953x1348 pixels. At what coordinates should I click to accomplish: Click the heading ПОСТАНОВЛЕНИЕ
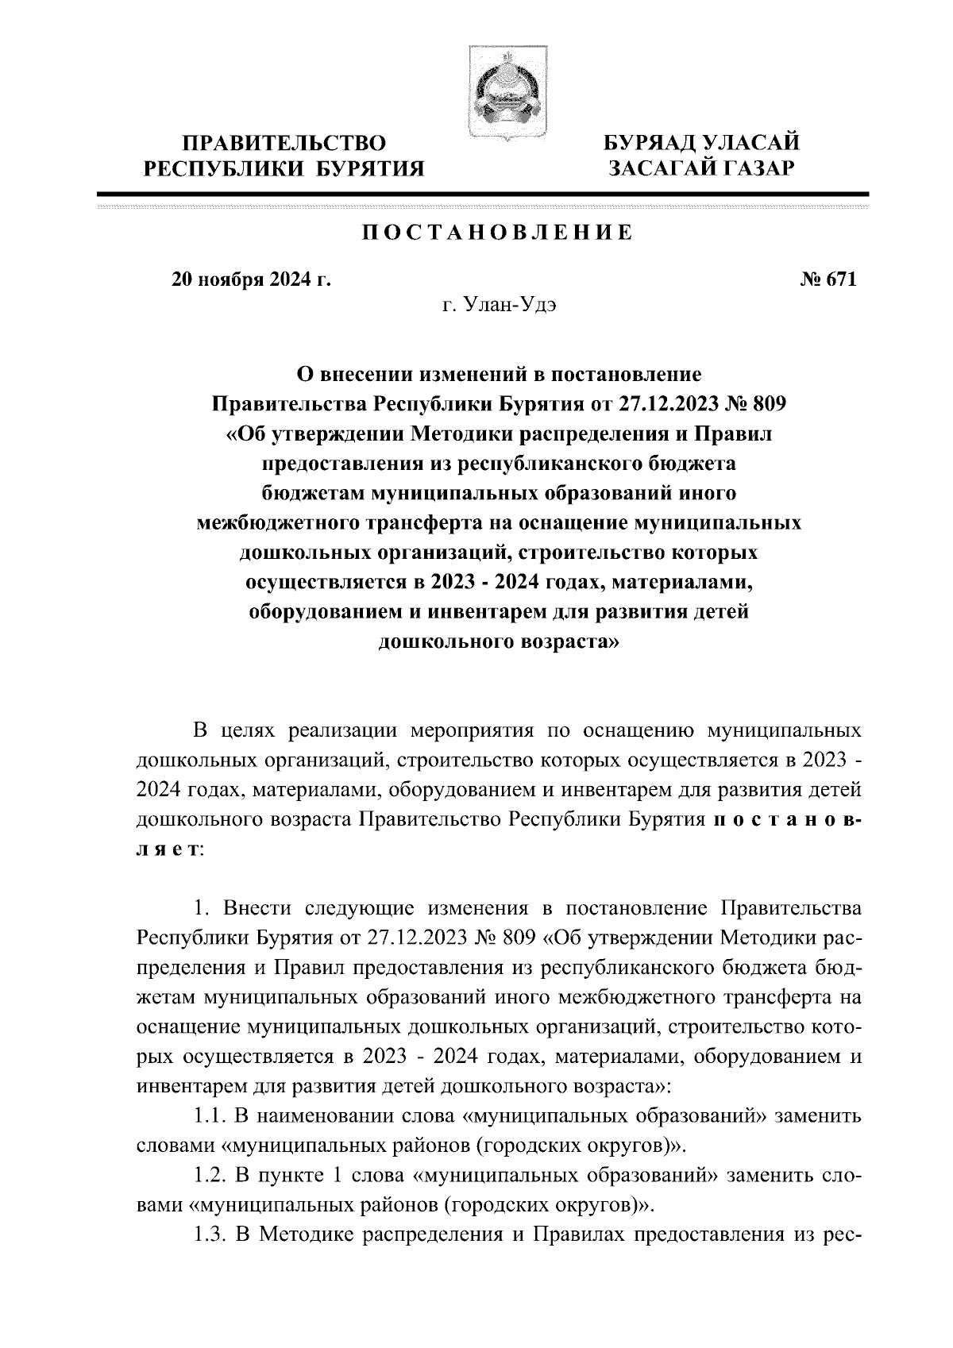[x=498, y=233]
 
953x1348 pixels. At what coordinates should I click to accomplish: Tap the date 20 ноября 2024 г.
[x=250, y=279]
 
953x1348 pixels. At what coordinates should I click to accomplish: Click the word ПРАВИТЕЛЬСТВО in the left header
[x=284, y=144]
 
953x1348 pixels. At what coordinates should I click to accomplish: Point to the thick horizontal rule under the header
[x=482, y=194]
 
